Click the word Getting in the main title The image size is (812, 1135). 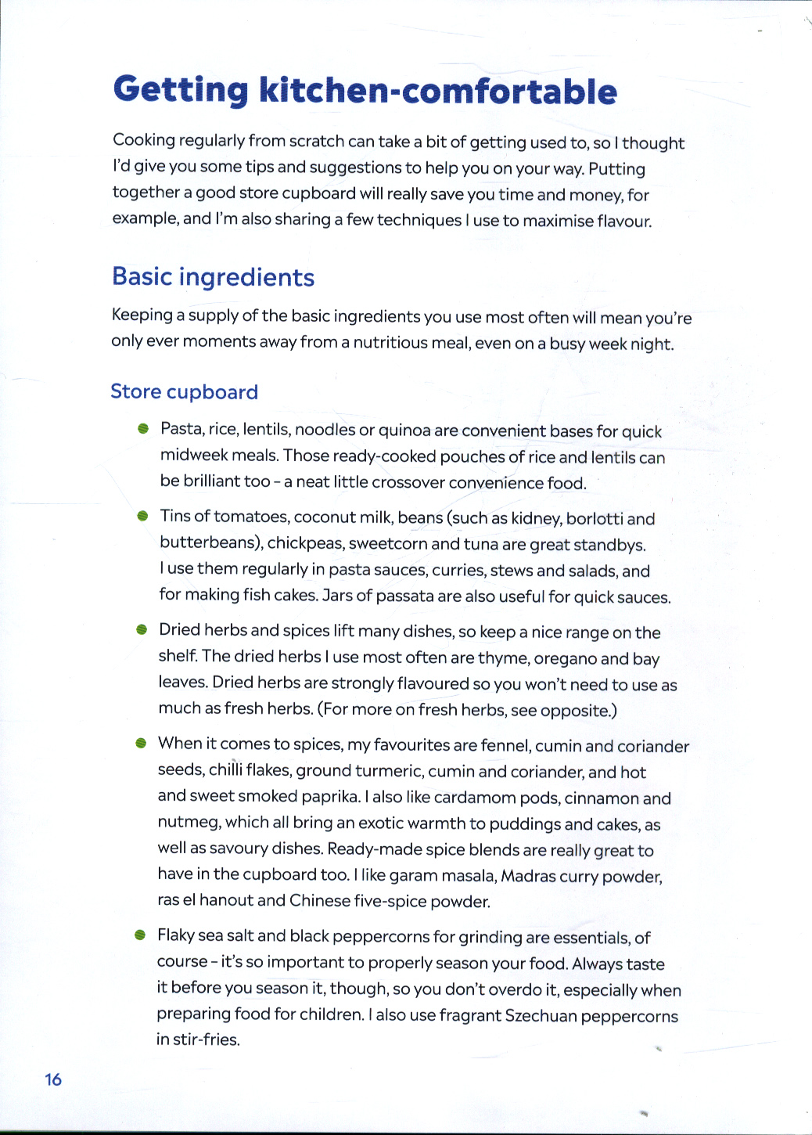(181, 90)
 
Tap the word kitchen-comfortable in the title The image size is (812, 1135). (438, 92)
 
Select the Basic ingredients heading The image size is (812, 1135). (213, 277)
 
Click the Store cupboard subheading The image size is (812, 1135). (184, 391)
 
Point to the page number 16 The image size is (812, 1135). (53, 1079)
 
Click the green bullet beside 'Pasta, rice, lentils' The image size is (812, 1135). (142, 429)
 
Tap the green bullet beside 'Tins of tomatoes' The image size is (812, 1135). (142, 516)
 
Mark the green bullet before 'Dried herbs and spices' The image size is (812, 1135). (142, 630)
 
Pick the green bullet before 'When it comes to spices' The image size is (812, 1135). (141, 743)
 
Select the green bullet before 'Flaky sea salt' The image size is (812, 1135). (140, 935)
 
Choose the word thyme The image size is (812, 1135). (504, 658)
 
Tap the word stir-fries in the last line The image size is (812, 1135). (207, 1040)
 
